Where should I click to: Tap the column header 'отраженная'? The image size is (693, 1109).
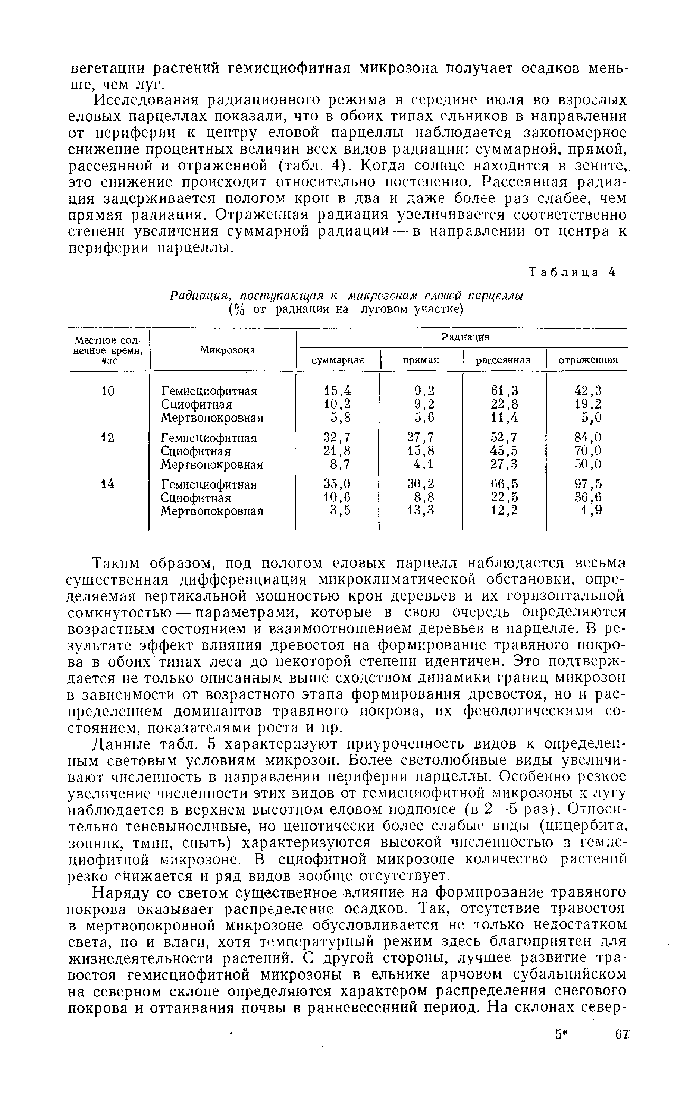click(587, 360)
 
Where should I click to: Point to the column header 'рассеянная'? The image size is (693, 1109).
click(503, 360)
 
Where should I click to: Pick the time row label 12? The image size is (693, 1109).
click(108, 438)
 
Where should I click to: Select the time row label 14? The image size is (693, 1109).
click(108, 484)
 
